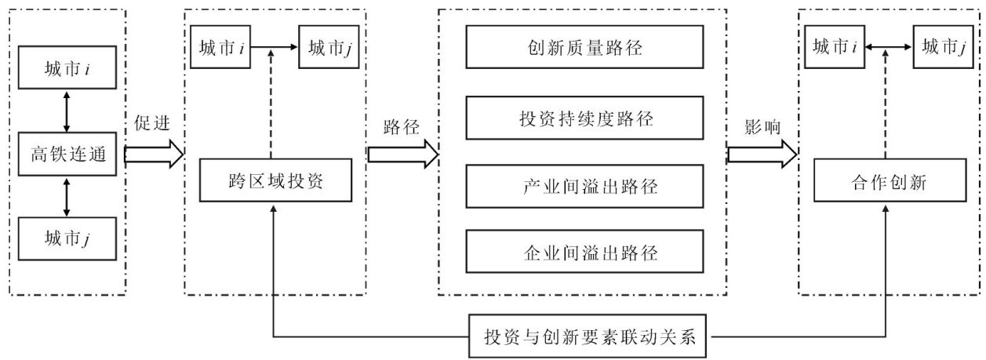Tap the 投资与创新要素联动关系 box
point(591,337)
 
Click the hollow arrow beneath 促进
point(154,153)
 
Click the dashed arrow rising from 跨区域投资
point(271,106)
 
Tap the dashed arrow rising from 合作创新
point(887,106)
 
